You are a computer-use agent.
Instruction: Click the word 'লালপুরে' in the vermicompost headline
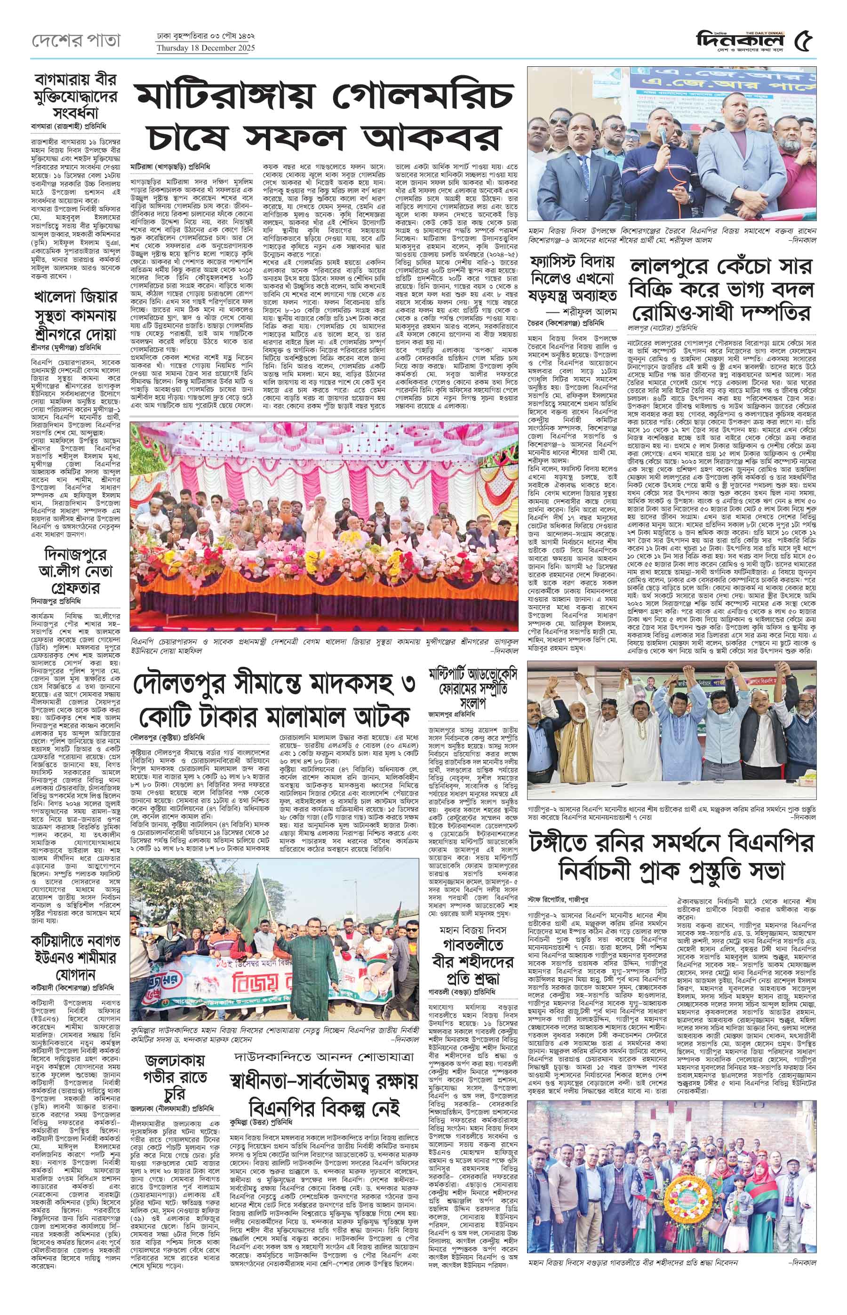[673, 267]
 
